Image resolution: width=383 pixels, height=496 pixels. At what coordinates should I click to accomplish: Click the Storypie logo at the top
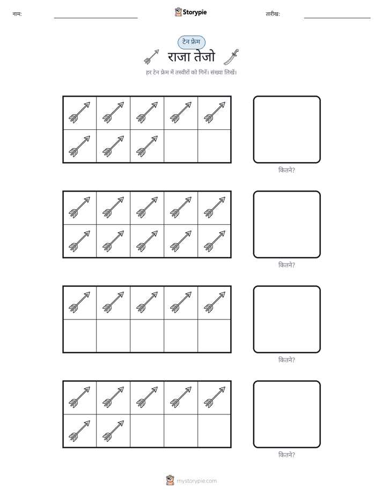(190, 12)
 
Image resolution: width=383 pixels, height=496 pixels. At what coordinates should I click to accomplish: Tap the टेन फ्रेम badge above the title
(191, 42)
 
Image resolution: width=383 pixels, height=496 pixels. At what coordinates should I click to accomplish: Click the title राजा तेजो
(191, 57)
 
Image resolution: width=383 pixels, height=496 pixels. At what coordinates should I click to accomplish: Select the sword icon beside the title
(231, 57)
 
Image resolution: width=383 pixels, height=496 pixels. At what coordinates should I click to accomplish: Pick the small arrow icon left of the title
(151, 57)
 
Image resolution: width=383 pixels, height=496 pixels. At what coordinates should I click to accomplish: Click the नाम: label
(17, 14)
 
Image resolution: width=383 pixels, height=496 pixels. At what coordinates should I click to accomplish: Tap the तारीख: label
(272, 14)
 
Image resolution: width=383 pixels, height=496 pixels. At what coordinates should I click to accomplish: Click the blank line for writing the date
(337, 18)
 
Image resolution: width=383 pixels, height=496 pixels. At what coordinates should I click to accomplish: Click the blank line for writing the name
(95, 18)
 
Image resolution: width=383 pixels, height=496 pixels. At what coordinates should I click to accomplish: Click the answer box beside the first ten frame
(286, 130)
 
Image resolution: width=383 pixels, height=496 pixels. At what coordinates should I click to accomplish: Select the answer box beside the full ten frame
(286, 224)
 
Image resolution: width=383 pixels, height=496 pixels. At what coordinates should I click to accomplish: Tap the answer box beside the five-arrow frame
(286, 319)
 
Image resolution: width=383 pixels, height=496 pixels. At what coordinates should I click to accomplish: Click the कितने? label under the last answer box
(286, 455)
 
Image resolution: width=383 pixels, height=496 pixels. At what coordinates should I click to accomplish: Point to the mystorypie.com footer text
(196, 481)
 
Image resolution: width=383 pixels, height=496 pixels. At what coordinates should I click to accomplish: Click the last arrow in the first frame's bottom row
(147, 146)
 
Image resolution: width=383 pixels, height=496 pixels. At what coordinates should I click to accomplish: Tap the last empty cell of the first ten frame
(214, 146)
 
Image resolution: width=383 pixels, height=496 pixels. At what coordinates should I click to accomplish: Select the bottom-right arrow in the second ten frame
(215, 241)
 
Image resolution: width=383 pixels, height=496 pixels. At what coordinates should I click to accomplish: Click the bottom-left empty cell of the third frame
(80, 336)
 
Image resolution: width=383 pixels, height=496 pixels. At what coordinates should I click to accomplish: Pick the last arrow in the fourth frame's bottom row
(113, 431)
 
